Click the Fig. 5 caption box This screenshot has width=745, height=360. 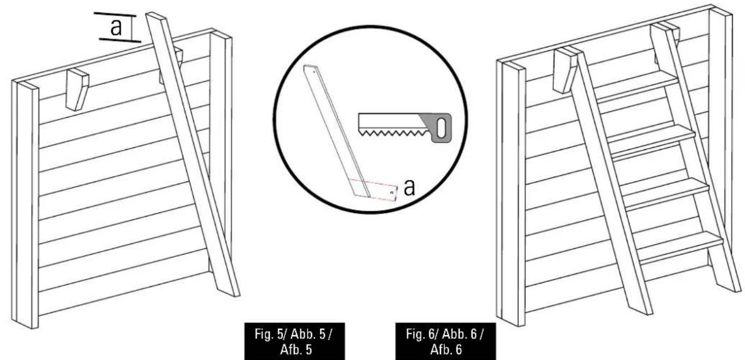click(295, 341)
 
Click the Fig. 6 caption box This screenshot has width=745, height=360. click(445, 341)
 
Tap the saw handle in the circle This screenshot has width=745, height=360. click(439, 128)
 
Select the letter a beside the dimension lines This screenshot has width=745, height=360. click(116, 27)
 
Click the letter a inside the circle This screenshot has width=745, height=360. click(409, 188)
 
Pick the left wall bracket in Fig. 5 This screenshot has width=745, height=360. click(77, 89)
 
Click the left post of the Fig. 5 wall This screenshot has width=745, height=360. click(25, 204)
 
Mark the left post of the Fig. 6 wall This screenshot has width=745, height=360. click(511, 193)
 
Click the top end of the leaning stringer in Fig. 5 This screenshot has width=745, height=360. click(156, 16)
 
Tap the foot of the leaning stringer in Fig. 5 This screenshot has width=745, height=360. click(229, 293)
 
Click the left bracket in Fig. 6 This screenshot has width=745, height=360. click(565, 70)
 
